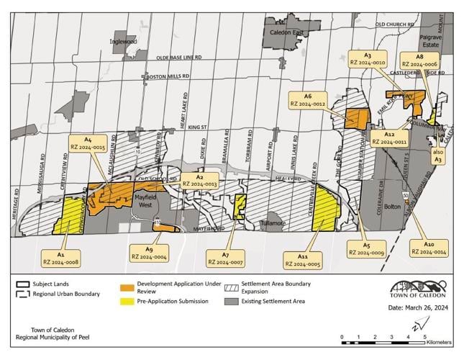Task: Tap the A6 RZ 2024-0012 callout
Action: click(x=308, y=100)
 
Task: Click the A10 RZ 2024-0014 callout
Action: click(x=429, y=248)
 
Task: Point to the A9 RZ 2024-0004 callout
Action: click(x=150, y=253)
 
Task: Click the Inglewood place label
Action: click(x=123, y=42)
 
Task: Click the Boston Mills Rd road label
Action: click(x=168, y=76)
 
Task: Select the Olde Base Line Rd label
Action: click(x=178, y=57)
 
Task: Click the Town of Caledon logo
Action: click(x=418, y=288)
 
